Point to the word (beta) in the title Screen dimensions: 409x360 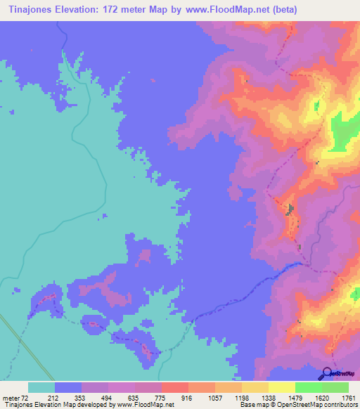click(281, 9)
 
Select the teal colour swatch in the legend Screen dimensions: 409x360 click(41, 387)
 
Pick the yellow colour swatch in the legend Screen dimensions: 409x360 click(281, 387)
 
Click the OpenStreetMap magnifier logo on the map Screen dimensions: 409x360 click(325, 372)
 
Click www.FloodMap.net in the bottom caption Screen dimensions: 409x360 click(144, 405)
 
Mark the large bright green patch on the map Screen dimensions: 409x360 click(344, 130)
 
